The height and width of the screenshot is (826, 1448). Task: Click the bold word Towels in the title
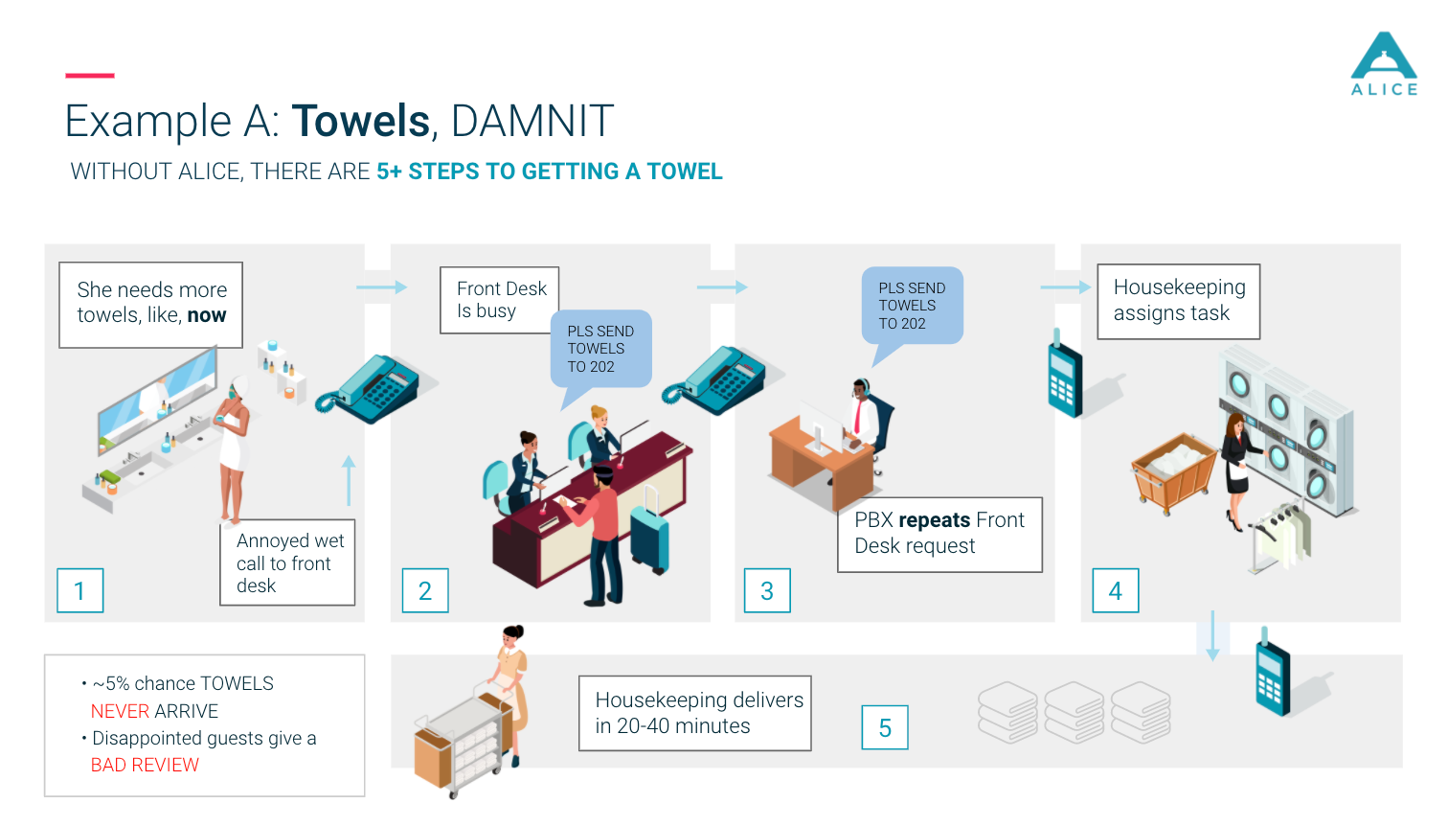(361, 122)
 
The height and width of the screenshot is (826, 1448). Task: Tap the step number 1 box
(79, 590)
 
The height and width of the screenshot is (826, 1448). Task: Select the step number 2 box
(425, 590)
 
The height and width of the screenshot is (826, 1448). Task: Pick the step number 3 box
(767, 590)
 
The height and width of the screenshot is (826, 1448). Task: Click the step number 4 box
(1116, 590)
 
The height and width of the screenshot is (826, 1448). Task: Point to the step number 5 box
(885, 728)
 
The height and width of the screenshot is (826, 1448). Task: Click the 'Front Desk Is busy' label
(499, 300)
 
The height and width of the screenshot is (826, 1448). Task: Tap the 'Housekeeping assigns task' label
(1178, 301)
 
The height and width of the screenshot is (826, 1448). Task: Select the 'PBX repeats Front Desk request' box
(939, 534)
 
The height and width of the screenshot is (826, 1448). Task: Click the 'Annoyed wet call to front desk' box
(287, 562)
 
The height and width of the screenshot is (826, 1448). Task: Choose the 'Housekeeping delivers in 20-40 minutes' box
(695, 713)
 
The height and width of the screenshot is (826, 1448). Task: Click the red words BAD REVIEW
(145, 765)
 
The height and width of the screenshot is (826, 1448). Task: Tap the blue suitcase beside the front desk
(649, 537)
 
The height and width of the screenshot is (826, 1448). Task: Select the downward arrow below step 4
(1212, 635)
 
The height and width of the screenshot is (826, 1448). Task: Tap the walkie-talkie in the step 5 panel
(1273, 676)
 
